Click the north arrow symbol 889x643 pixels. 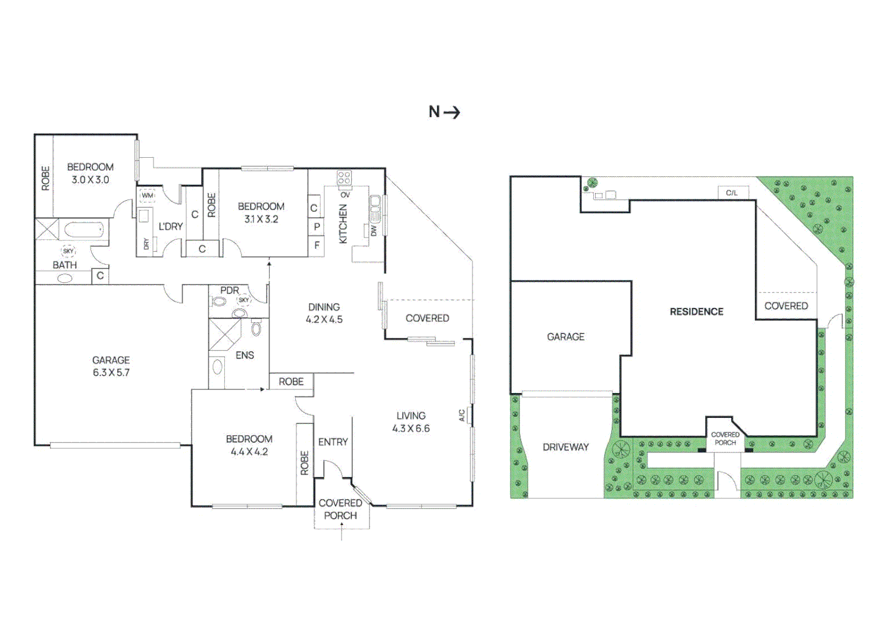click(x=452, y=112)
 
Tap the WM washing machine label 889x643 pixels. click(x=147, y=195)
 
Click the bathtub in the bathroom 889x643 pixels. click(x=84, y=230)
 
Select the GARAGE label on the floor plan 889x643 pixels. click(x=111, y=360)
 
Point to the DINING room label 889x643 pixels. click(x=324, y=307)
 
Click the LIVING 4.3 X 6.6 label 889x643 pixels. click(x=411, y=422)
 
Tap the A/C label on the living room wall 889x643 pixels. click(x=462, y=415)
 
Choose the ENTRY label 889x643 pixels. click(x=333, y=442)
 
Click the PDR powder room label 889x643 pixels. click(x=230, y=291)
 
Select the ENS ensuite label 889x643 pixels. click(x=245, y=355)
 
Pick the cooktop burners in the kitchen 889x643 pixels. click(x=344, y=177)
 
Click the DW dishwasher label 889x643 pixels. click(x=374, y=230)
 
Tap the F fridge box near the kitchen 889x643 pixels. click(x=317, y=245)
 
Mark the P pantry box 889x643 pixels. click(x=317, y=227)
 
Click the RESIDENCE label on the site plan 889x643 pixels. click(x=696, y=312)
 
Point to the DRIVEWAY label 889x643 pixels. click(x=565, y=447)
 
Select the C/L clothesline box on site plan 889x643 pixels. click(x=732, y=193)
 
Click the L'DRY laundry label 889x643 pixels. click(x=171, y=226)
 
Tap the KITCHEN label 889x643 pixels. click(x=343, y=224)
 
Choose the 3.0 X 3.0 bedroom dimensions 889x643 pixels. click(x=90, y=180)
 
